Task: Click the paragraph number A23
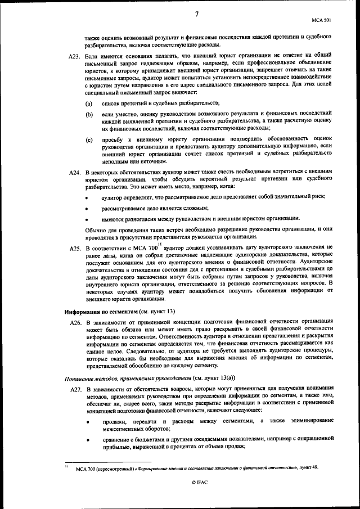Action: pos(75,58)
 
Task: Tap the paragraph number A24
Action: pos(75,171)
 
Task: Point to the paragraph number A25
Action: pos(75,248)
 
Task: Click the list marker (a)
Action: pos(89,105)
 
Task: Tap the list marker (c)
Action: pos(89,139)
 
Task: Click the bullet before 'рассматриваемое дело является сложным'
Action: pos(87,209)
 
